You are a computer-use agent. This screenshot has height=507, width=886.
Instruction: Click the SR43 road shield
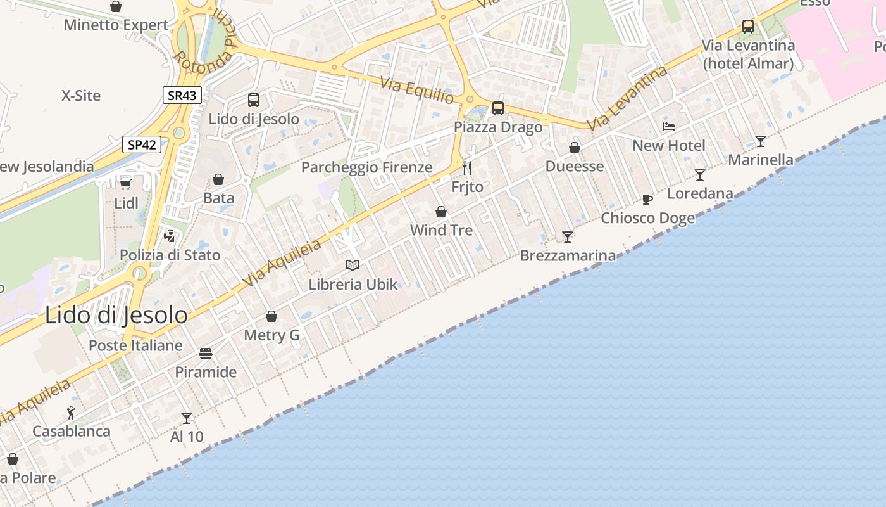[182, 96]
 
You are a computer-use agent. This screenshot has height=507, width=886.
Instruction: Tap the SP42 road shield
[142, 144]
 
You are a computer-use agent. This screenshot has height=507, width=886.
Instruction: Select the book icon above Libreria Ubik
[353, 265]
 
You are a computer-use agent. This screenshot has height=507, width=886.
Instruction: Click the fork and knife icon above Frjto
[467, 168]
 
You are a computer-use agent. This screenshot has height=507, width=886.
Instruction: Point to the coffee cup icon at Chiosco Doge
[647, 199]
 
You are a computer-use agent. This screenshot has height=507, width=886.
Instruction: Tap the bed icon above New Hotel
[669, 127]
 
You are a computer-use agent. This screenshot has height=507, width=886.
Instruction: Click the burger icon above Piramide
[206, 353]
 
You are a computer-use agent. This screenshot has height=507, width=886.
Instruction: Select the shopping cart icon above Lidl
[126, 184]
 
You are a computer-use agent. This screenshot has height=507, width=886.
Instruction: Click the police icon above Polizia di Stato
[170, 236]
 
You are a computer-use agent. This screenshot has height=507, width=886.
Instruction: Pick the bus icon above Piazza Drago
[498, 108]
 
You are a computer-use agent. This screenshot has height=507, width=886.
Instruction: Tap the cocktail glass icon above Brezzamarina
[568, 237]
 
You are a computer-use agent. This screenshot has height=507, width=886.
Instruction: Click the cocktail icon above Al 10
[187, 418]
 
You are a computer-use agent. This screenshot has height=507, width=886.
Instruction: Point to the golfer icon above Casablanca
[71, 413]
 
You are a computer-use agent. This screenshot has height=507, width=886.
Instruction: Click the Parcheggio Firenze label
[366, 167]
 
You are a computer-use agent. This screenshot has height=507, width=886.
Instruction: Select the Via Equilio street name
[417, 90]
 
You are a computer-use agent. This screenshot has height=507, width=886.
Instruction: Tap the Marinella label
[760, 160]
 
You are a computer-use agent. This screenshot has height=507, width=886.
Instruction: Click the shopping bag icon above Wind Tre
[441, 212]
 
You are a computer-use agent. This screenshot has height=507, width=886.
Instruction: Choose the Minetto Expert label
[116, 25]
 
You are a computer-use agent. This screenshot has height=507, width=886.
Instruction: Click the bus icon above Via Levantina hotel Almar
[748, 27]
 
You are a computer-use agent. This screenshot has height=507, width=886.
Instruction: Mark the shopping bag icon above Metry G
[271, 316]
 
